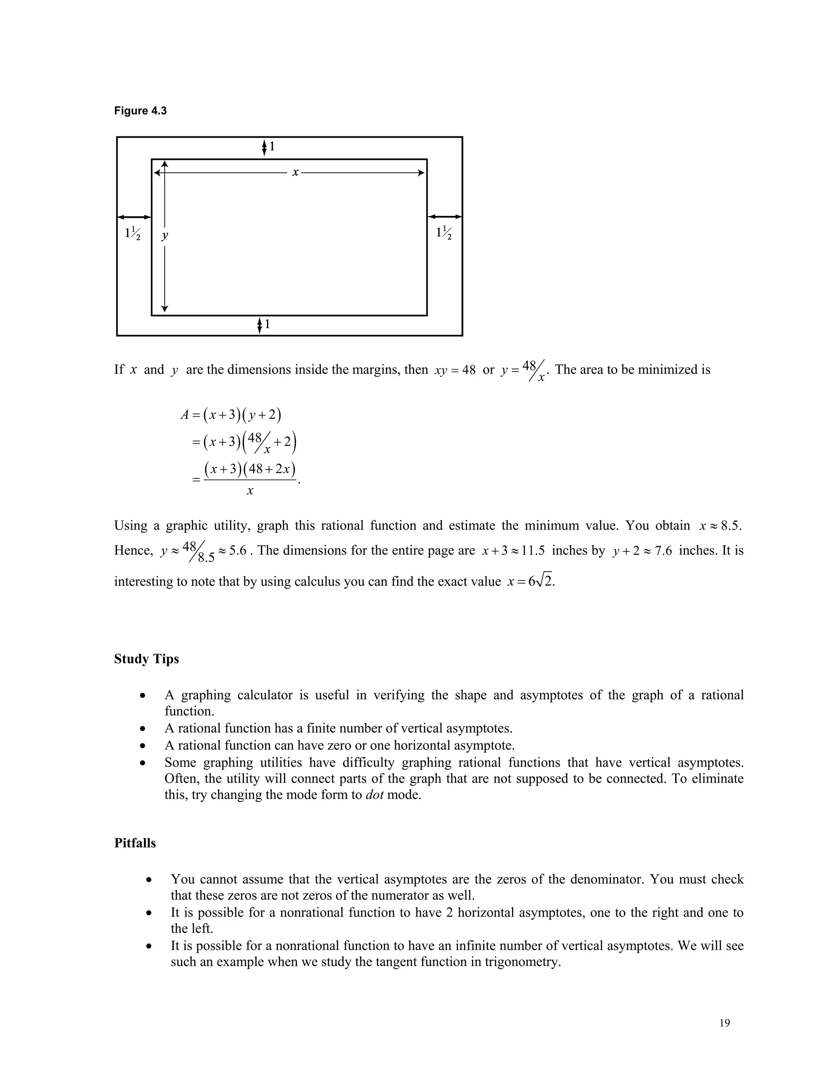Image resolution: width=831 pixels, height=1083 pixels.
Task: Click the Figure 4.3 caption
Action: [x=140, y=111]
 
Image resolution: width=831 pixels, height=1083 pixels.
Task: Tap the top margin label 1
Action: [x=271, y=146]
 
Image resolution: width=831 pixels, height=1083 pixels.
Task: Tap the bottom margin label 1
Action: [x=267, y=324]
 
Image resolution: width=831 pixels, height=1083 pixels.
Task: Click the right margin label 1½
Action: [x=443, y=233]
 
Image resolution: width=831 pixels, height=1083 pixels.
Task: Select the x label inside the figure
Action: [x=295, y=172]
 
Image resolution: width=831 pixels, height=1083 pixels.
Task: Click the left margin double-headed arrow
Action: [x=133, y=217]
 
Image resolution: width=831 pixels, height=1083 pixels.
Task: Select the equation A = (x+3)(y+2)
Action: [x=231, y=414]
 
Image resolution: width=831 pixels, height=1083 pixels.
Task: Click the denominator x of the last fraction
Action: [x=250, y=491]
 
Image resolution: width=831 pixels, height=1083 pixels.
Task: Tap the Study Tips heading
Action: [x=146, y=659]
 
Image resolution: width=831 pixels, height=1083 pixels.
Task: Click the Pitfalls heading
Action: [x=135, y=843]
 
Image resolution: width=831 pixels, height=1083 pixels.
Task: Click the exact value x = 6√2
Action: [x=531, y=581]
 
